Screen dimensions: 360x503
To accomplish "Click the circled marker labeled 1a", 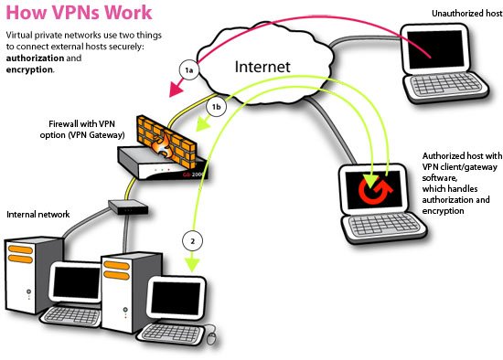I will click(x=188, y=69).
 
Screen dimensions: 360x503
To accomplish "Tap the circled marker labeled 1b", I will click(x=217, y=107).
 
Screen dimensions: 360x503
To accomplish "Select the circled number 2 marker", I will click(x=191, y=242).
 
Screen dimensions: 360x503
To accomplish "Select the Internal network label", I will click(x=38, y=214).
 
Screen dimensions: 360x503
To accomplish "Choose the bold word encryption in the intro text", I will click(x=28, y=69).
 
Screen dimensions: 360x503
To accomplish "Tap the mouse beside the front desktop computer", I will click(x=212, y=338).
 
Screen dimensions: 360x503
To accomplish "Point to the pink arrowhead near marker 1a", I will click(x=174, y=90).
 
